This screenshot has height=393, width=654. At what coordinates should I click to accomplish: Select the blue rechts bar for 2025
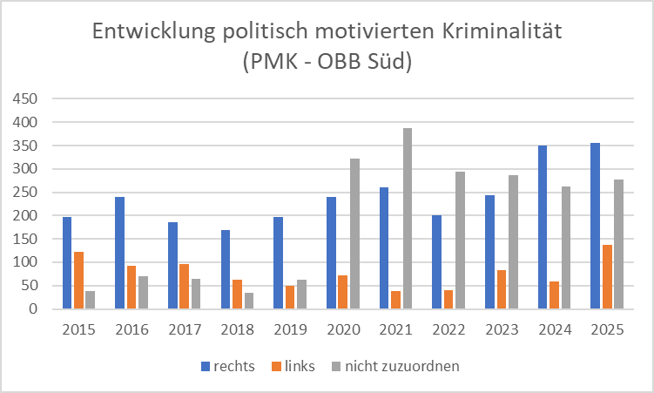[595, 226]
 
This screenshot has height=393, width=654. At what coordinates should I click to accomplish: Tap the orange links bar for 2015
[78, 280]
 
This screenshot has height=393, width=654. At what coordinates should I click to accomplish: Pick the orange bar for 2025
[607, 276]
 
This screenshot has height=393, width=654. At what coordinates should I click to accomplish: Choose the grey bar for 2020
[355, 234]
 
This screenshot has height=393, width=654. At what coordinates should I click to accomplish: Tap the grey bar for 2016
[143, 292]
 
